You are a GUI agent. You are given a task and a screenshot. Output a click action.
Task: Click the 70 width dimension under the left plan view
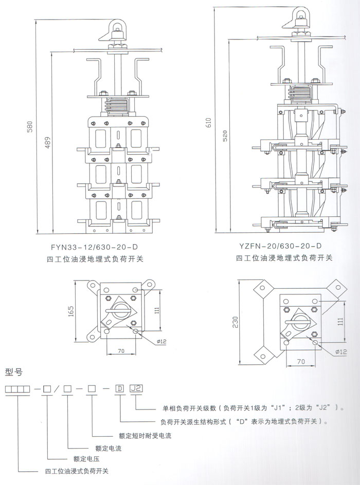click(x=121, y=351)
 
